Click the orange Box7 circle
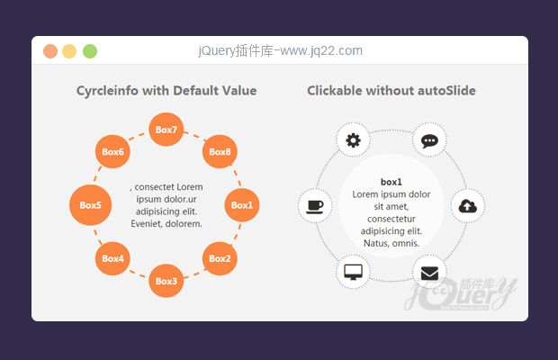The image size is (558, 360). (x=166, y=130)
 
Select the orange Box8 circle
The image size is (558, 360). (x=220, y=152)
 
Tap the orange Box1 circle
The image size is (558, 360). (x=242, y=205)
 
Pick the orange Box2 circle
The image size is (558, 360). (x=220, y=258)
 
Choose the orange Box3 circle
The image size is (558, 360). (x=166, y=281)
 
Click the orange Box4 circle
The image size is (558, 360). (x=112, y=258)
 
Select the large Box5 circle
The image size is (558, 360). (x=90, y=205)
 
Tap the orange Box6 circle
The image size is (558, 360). (x=112, y=152)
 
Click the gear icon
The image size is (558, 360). (x=353, y=139)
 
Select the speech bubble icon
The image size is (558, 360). (x=429, y=139)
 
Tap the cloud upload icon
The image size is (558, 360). (x=467, y=206)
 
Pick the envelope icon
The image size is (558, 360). (x=429, y=272)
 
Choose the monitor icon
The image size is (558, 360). (x=353, y=272)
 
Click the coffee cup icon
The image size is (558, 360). (x=315, y=206)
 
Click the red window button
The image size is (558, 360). (x=50, y=51)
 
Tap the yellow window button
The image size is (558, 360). (x=70, y=51)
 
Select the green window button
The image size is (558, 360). (x=90, y=51)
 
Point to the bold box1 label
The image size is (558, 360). (x=391, y=182)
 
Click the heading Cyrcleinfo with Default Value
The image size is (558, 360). (x=166, y=91)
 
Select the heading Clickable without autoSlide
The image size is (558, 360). (x=391, y=91)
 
